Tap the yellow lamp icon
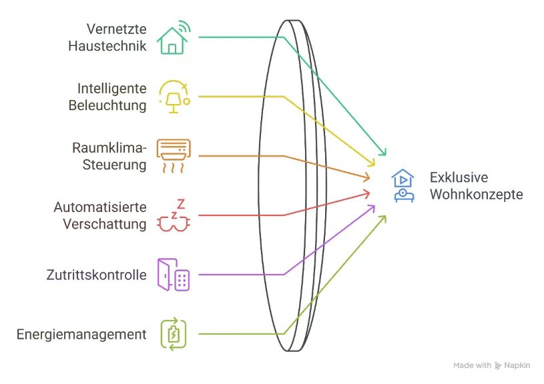pyautogui.click(x=174, y=97)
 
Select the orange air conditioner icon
pyautogui.click(x=174, y=156)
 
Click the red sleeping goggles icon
pyautogui.click(x=174, y=215)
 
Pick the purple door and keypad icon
pyautogui.click(x=174, y=274)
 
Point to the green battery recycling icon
pyautogui.click(x=174, y=333)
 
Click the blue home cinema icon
pyautogui.click(x=403, y=186)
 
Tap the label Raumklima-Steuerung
pyautogui.click(x=109, y=156)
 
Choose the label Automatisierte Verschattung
pyautogui.click(x=100, y=215)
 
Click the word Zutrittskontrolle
pyautogui.click(x=97, y=275)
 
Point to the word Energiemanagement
pyautogui.click(x=81, y=334)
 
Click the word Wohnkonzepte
pyautogui.click(x=476, y=195)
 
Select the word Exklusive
pyautogui.click(x=459, y=178)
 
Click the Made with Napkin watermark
pyautogui.click(x=492, y=365)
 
